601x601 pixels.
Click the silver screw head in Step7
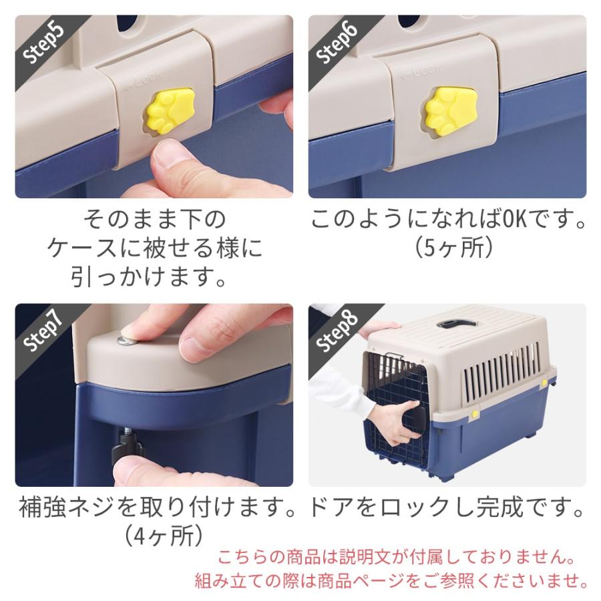(x=124, y=341)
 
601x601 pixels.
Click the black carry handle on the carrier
(x=453, y=325)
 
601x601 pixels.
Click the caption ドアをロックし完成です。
(x=446, y=510)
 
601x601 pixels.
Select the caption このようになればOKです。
(x=449, y=220)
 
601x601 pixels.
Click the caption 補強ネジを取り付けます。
(x=158, y=510)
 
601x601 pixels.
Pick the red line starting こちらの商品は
(x=397, y=556)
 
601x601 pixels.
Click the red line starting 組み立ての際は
(x=391, y=579)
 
